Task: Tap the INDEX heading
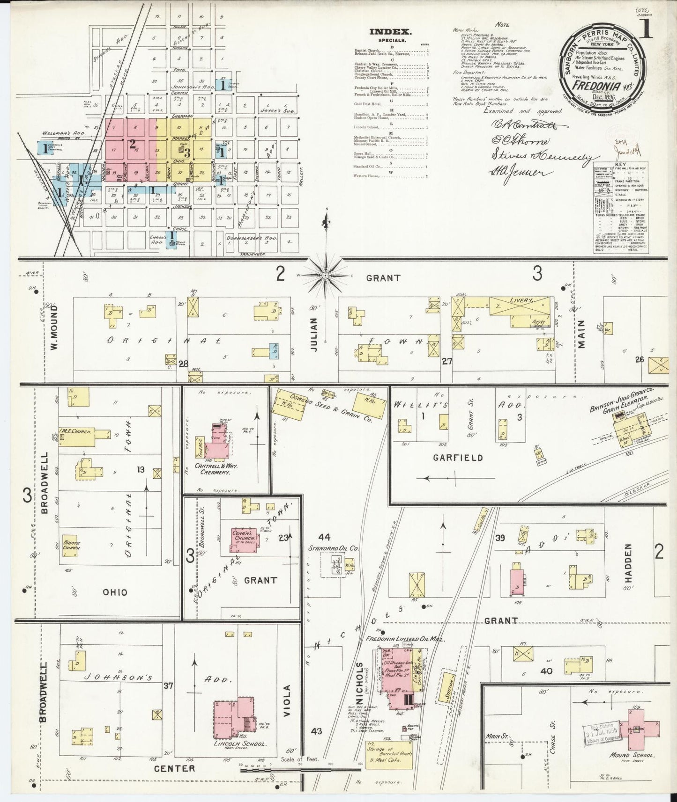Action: [x=390, y=32]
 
